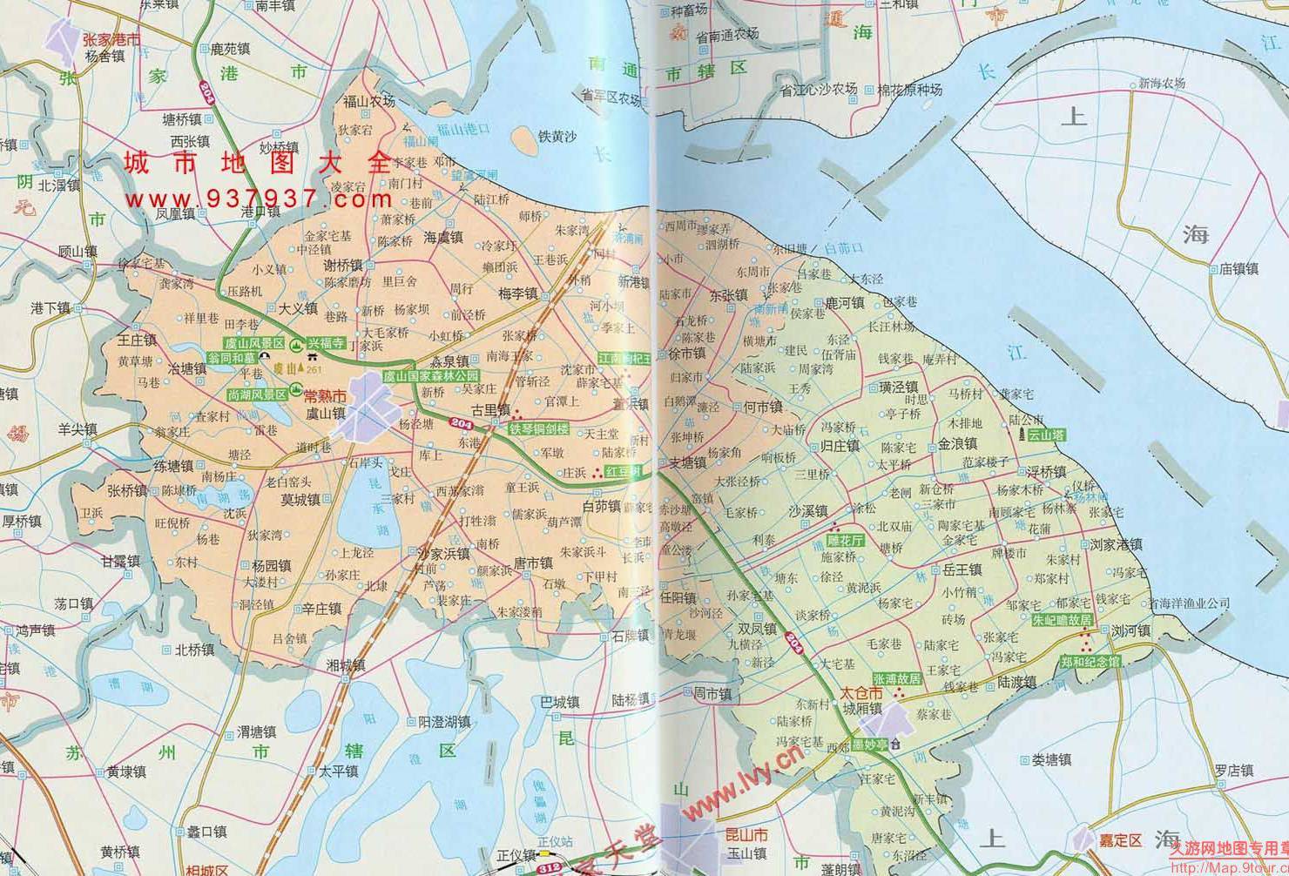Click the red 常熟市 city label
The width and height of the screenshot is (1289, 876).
(326, 396)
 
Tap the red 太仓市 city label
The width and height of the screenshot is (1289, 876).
(861, 693)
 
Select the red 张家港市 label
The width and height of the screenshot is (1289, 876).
(111, 39)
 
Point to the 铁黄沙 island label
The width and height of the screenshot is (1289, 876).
(557, 137)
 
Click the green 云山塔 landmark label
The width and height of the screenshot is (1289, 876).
(1046, 435)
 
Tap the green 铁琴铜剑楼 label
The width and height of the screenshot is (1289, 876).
(539, 428)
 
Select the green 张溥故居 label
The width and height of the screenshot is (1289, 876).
(896, 678)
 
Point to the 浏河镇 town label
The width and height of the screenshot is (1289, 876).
(1130, 630)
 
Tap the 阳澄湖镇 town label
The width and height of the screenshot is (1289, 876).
(444, 722)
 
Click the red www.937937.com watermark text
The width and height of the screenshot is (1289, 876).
(260, 199)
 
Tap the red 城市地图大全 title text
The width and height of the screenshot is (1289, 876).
(259, 163)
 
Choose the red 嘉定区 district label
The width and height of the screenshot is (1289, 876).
(1118, 840)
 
